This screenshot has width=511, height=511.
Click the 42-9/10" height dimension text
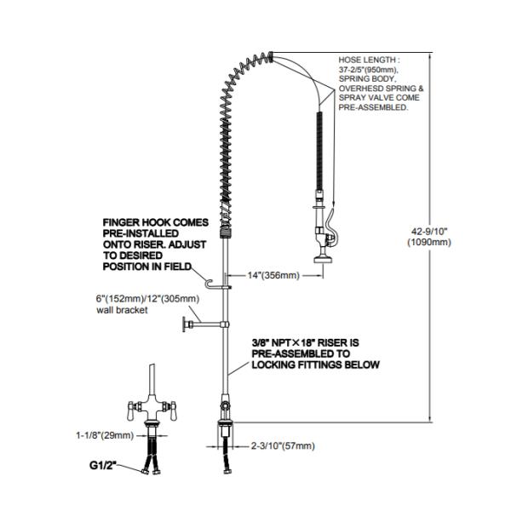tap(429, 232)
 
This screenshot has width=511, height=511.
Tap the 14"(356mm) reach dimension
tap(273, 275)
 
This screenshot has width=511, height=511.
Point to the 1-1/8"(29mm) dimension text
tap(105, 435)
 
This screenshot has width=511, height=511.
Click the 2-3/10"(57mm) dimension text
tap(283, 445)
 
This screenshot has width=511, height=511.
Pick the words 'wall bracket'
tap(122, 310)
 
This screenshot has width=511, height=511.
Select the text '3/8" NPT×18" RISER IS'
tap(306, 343)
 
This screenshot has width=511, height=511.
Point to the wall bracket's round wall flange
tap(185, 324)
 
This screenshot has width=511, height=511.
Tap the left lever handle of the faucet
tap(130, 411)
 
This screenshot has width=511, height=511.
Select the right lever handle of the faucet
tap(173, 411)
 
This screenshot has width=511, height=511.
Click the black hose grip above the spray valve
tap(320, 151)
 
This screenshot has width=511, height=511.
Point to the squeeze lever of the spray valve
tap(332, 225)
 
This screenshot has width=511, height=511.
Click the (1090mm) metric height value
tap(429, 242)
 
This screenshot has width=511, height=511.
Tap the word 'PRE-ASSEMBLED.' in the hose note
tap(373, 107)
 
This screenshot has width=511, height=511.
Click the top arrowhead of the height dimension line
tap(430, 57)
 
